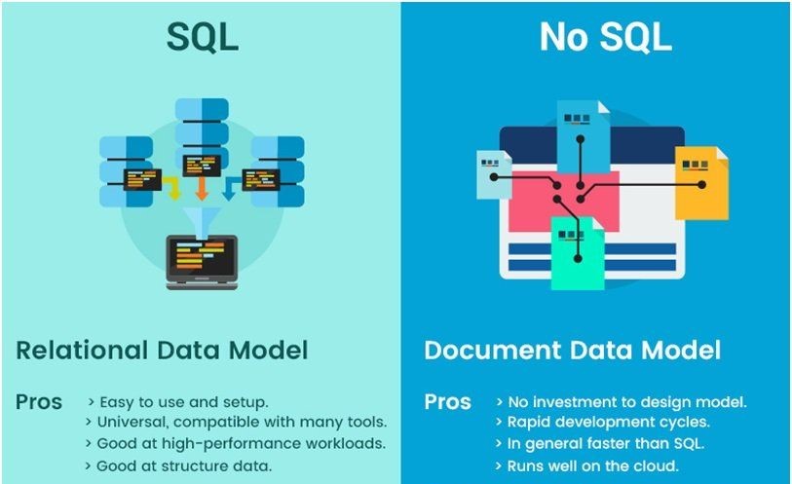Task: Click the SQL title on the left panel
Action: [202, 37]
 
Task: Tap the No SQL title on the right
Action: [605, 37]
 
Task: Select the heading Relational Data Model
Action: [162, 351]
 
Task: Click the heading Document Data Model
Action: [572, 351]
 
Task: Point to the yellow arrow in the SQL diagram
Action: [173, 188]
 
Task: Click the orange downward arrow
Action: [202, 188]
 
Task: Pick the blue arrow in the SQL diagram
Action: [231, 188]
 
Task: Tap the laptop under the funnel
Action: [202, 262]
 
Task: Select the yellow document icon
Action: [701, 183]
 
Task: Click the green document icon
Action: [578, 253]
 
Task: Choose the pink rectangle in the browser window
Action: [563, 201]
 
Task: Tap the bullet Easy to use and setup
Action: [178, 402]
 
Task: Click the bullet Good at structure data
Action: [179, 465]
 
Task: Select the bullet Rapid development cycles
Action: [603, 422]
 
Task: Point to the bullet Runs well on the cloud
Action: [586, 465]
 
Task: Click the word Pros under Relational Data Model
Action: [39, 402]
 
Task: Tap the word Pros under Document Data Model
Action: [447, 402]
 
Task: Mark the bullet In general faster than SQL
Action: [600, 444]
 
